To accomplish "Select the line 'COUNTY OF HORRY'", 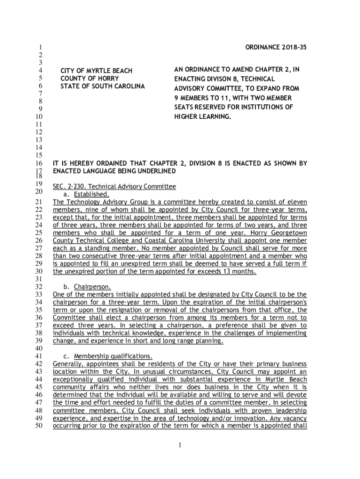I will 90,79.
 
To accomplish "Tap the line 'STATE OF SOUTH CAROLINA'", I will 102,87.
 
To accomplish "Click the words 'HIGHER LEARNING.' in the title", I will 203,116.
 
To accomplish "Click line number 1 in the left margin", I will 41,47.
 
